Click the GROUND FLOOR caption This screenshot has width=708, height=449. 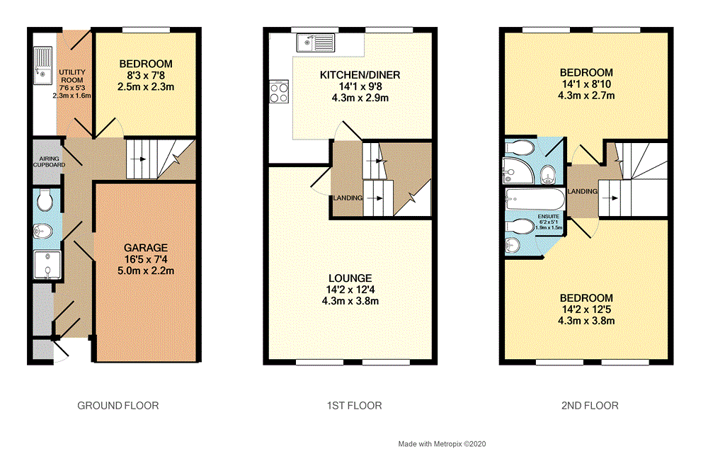tap(118, 406)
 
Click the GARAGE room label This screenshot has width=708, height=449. tap(146, 248)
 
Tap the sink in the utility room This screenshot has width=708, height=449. tap(42, 63)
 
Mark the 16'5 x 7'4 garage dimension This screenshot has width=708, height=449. tap(146, 259)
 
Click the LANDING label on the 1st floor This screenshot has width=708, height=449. tap(348, 198)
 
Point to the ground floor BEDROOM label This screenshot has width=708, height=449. tap(146, 64)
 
